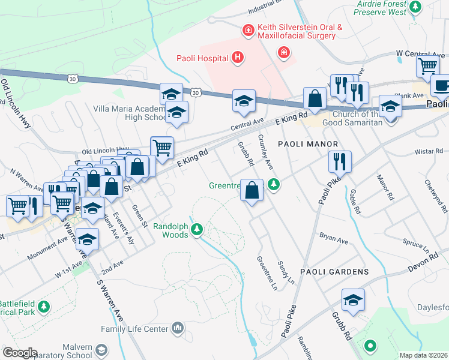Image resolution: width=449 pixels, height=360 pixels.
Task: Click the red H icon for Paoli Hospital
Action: tap(238, 58)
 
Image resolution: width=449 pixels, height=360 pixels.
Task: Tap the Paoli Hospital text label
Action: tap(202, 58)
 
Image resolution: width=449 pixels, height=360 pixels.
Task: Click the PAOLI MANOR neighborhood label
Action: tap(307, 145)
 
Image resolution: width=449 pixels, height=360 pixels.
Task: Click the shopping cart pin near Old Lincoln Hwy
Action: tap(161, 146)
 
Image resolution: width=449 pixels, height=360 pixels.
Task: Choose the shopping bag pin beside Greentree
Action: tap(252, 190)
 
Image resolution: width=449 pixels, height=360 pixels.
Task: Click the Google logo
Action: tap(20, 352)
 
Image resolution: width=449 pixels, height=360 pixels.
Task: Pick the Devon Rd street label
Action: tap(426, 260)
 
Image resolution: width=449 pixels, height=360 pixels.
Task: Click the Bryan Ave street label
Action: tap(334, 239)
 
